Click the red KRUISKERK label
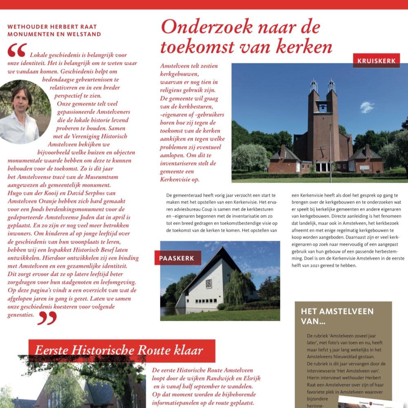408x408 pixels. (x=376, y=61)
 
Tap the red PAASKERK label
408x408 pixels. (x=177, y=258)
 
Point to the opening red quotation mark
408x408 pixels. (x=17, y=50)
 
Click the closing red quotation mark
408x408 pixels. (x=47, y=317)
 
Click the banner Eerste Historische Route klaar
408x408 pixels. (x=122, y=350)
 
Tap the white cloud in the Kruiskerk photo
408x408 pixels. (x=367, y=107)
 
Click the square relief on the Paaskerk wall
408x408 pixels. (x=208, y=283)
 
